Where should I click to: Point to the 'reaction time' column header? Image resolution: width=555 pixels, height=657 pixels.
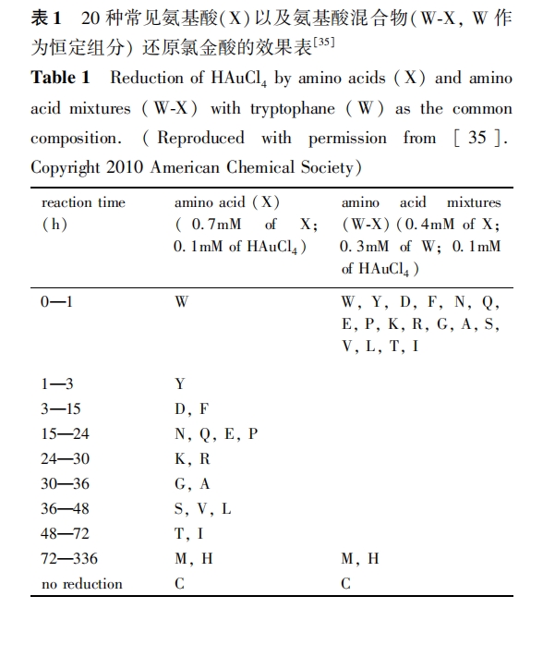point(84,202)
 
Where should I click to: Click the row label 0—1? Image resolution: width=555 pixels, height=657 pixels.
point(56,301)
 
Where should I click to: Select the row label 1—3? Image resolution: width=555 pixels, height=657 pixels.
point(56,383)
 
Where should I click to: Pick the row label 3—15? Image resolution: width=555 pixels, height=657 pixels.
point(60,408)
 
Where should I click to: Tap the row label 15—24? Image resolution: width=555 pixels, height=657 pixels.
point(64,433)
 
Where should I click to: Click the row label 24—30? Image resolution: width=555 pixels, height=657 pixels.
point(64,458)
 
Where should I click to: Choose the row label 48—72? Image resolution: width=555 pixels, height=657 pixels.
point(64,533)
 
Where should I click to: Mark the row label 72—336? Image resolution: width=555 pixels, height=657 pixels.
point(68,558)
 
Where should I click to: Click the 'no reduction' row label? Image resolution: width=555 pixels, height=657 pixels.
point(82,584)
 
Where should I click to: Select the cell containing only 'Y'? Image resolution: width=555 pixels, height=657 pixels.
point(180,383)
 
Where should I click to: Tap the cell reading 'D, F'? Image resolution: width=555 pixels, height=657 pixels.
point(191,408)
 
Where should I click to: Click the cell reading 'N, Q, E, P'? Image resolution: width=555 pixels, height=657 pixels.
point(216,433)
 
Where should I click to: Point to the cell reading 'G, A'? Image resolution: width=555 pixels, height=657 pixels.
point(192,483)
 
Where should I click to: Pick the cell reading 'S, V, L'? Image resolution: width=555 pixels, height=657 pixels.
point(203,508)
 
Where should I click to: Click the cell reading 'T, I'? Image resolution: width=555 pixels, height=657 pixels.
point(189,533)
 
